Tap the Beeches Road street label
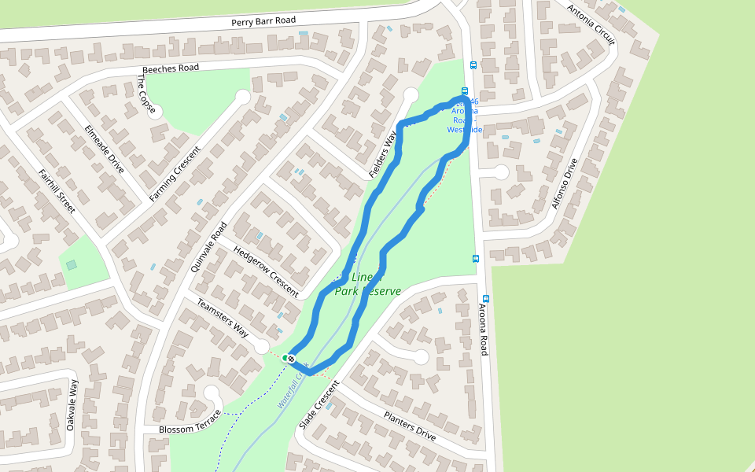point(167,68)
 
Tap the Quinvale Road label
point(208,246)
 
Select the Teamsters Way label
point(223,319)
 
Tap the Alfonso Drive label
point(565,183)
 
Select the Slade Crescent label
point(318,404)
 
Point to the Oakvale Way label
point(72,404)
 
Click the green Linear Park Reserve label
point(367,284)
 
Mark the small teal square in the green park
point(72,265)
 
